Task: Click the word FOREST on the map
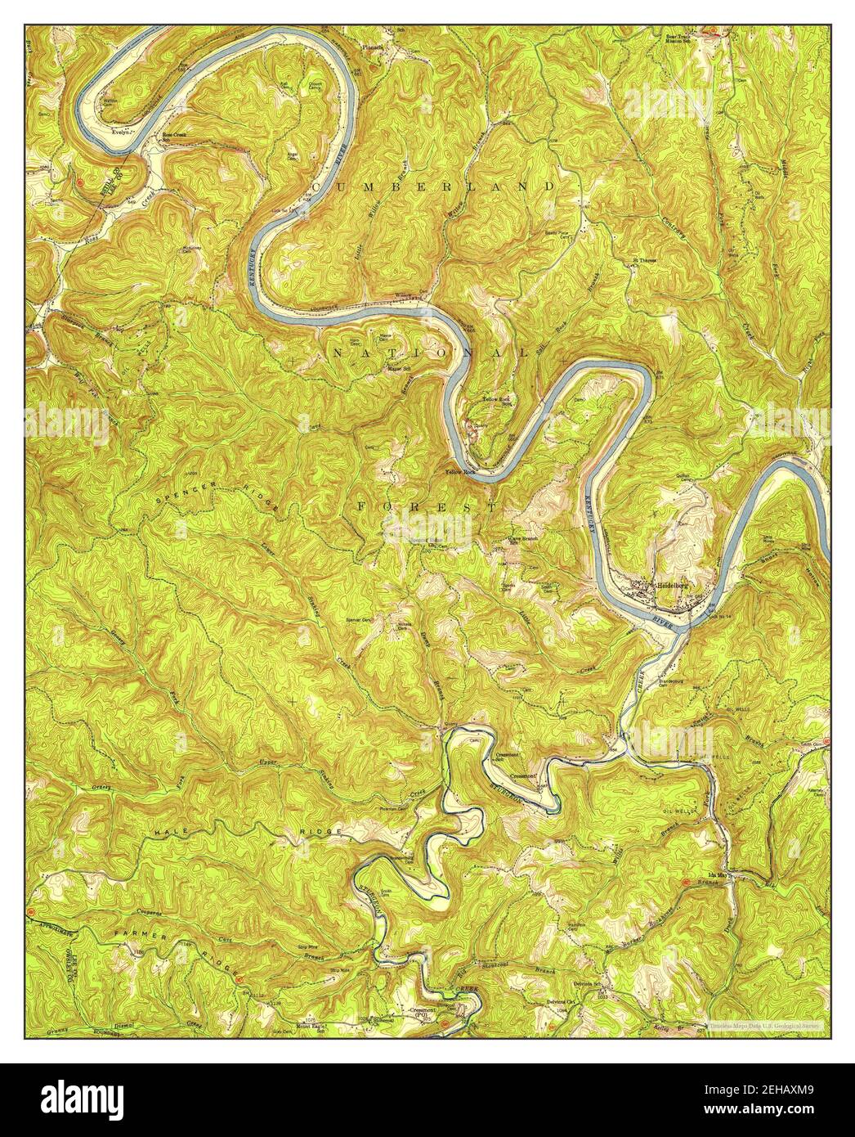[x=426, y=507]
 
